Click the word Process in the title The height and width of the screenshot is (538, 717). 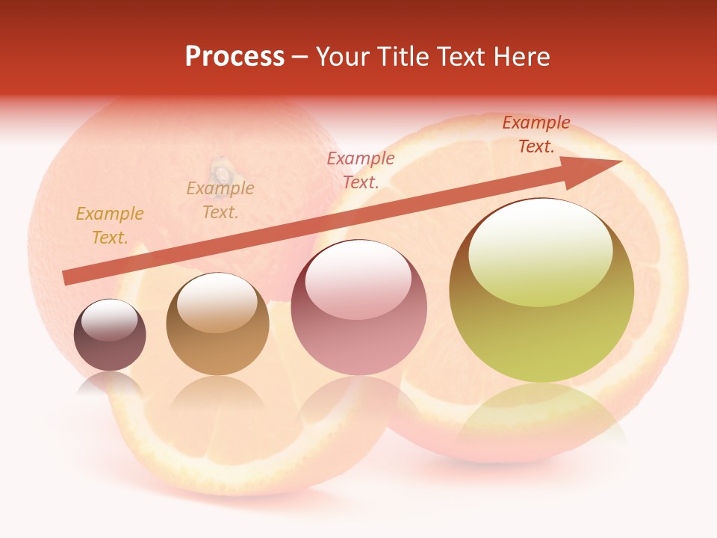click(235, 57)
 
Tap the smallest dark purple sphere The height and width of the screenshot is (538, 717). click(110, 336)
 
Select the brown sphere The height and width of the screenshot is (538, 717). click(217, 324)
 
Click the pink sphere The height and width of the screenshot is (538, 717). click(359, 307)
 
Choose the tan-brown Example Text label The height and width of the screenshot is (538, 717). click(220, 200)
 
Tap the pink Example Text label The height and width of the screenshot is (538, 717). click(361, 170)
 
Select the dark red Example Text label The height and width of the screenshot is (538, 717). click(536, 134)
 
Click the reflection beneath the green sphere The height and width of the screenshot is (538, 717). click(541, 418)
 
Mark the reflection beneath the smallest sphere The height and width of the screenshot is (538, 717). click(109, 385)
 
